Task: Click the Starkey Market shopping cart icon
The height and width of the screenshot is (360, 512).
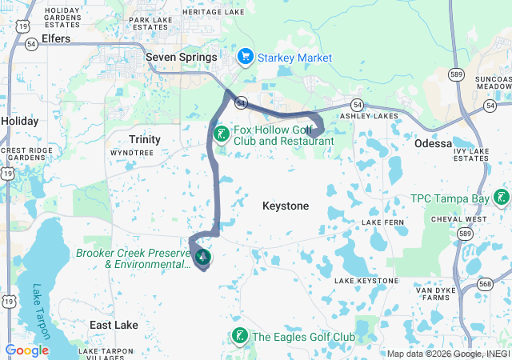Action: [x=246, y=58]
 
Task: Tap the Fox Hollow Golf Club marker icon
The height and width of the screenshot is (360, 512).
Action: [x=221, y=134]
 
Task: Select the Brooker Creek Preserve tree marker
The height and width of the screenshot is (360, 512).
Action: [x=202, y=258]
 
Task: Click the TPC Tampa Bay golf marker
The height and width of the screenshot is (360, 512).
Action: [x=502, y=198]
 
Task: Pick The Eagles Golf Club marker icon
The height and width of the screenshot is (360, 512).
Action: [x=238, y=337]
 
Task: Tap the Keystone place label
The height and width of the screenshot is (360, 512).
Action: [x=286, y=206]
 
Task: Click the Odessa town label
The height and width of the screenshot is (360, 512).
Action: [x=434, y=143]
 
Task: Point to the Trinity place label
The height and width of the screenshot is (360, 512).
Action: [x=145, y=139]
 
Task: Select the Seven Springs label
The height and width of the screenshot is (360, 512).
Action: [x=182, y=58]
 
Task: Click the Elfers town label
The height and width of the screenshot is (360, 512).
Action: [x=55, y=38]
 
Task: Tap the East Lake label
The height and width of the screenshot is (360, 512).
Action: [x=114, y=326]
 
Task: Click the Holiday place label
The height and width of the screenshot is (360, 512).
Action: [x=19, y=121]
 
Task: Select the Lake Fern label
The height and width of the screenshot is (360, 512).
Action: [x=383, y=222]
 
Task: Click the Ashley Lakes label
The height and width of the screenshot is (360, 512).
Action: [x=370, y=116]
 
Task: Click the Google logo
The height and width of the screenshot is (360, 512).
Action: [x=27, y=350]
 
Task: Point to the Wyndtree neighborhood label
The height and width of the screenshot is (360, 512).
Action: [x=131, y=152]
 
